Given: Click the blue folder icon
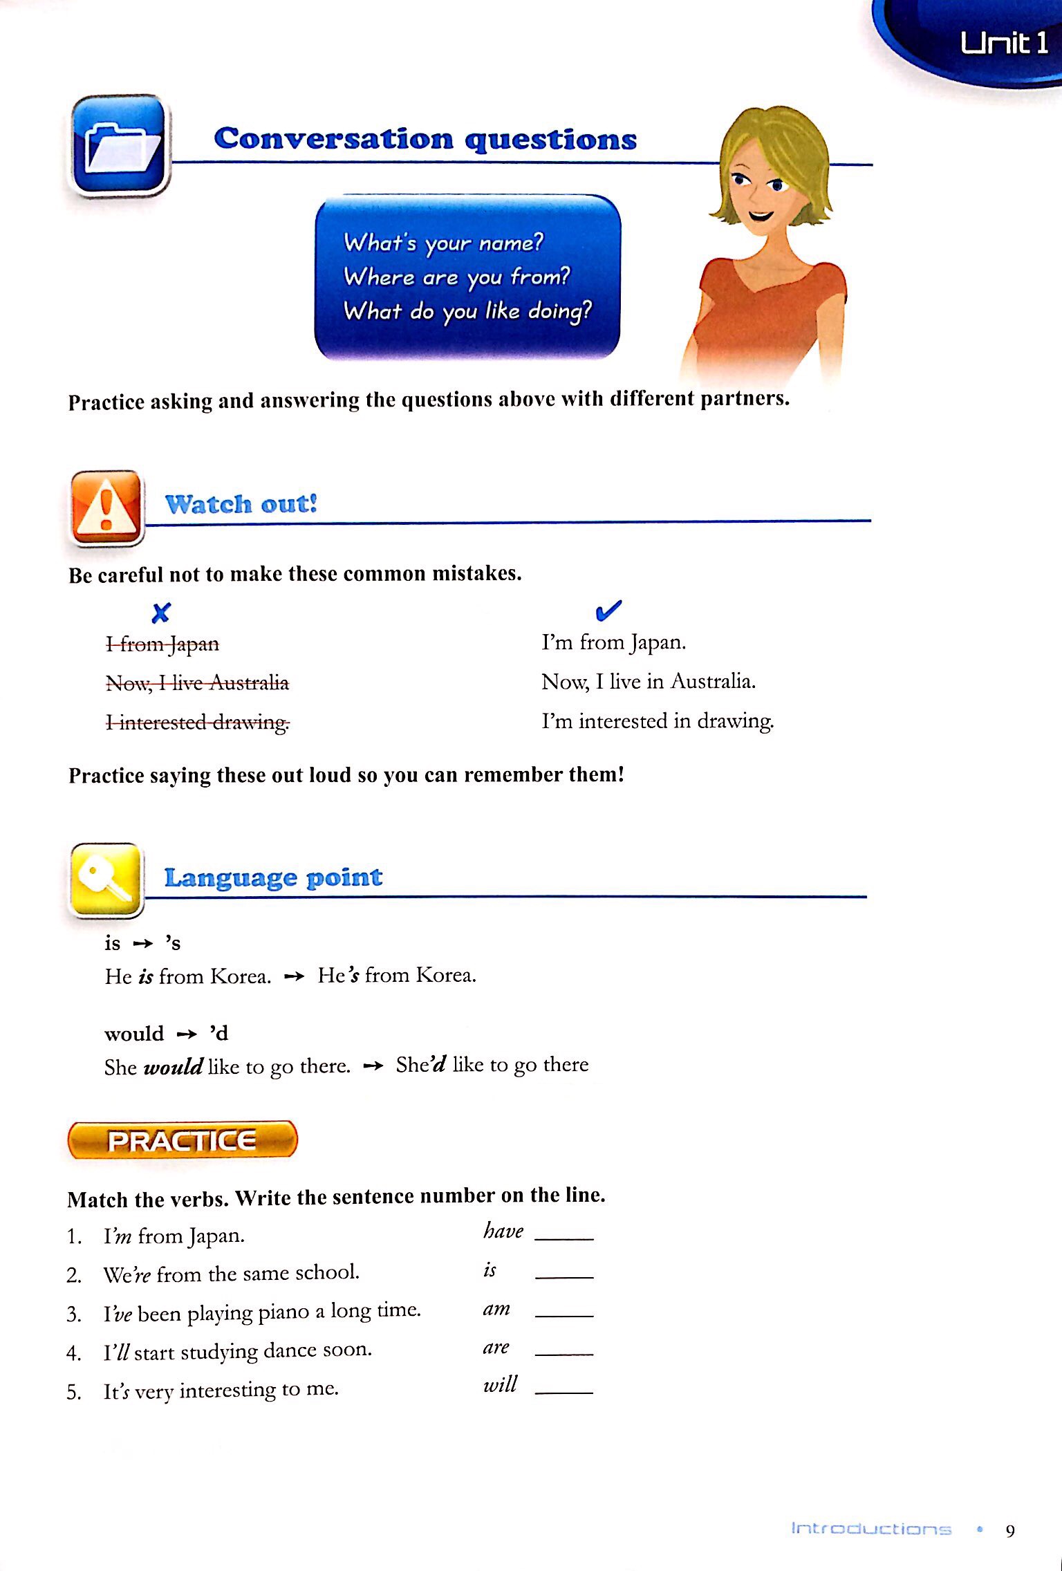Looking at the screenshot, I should (x=120, y=145).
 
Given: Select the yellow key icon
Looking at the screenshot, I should (x=106, y=880).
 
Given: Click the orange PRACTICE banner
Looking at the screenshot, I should (x=183, y=1140).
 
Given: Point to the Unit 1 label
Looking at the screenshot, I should (x=1003, y=44).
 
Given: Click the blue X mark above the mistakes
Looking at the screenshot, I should (x=161, y=613).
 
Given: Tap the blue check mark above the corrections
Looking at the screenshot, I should (x=608, y=610).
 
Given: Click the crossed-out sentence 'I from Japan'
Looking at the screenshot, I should (x=162, y=644).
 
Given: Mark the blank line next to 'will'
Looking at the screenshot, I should (x=564, y=1391).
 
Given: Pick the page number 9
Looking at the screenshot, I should (x=1010, y=1531).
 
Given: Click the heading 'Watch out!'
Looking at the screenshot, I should (x=241, y=503).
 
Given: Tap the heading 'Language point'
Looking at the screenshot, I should (x=273, y=877).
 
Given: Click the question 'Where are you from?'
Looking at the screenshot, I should (x=457, y=277).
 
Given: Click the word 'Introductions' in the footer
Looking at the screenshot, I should (x=871, y=1529).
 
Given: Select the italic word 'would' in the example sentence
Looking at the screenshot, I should (x=173, y=1067).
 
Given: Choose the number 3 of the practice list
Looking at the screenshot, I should (x=74, y=1314).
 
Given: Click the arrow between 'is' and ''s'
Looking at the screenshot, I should (x=142, y=944).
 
